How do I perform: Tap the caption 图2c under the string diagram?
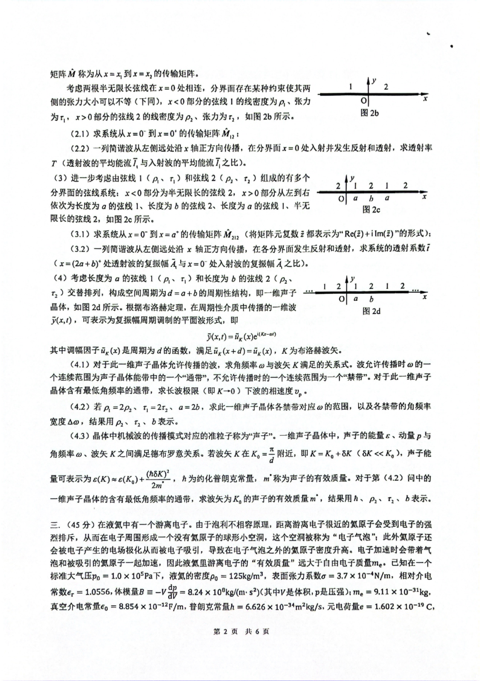[371, 209]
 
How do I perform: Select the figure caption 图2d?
[371, 311]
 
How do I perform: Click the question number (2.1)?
[82, 133]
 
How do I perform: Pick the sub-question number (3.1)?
[82, 234]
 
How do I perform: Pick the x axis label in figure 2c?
[424, 197]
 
